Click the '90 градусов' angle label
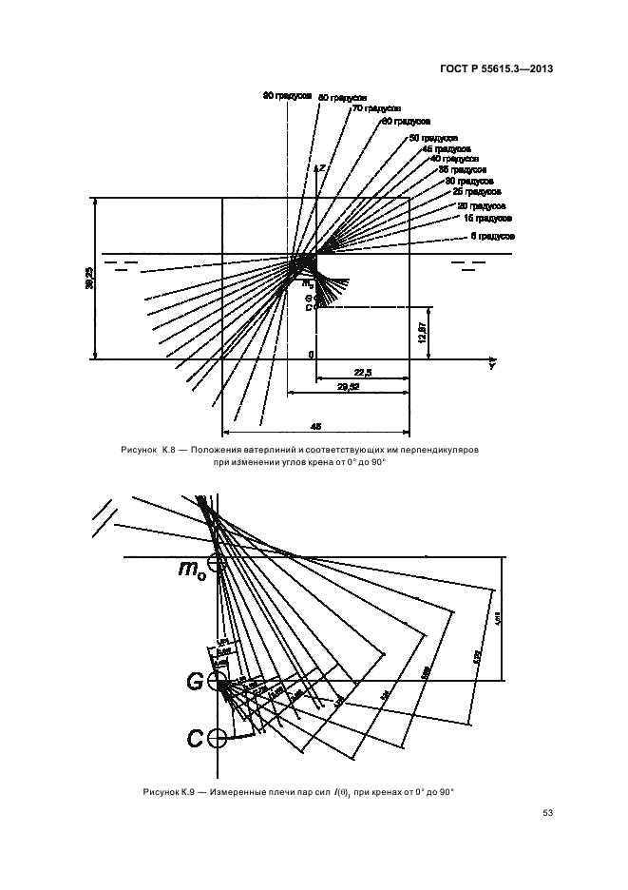point(287,95)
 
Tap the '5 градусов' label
point(492,234)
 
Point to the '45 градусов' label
point(446,149)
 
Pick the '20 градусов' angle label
point(482,205)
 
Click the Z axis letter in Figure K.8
point(323,167)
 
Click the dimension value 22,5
point(362,373)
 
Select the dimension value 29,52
point(351,388)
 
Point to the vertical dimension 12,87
point(423,334)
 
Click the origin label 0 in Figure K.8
point(311,355)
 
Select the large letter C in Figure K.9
point(195,737)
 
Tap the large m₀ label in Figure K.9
point(192,569)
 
